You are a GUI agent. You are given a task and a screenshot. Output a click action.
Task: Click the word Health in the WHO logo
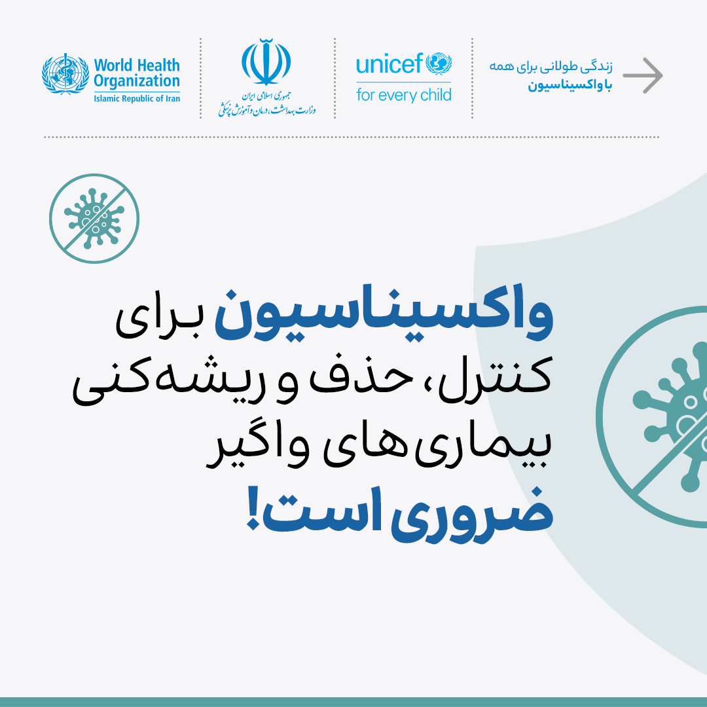click(x=158, y=65)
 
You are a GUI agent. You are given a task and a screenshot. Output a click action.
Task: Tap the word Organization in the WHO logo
click(x=137, y=82)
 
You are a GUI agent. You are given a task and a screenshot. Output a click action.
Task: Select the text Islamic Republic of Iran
click(x=137, y=99)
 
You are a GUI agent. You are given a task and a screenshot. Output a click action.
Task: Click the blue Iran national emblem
click(x=266, y=62)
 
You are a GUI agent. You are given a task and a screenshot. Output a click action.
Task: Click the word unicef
click(x=390, y=63)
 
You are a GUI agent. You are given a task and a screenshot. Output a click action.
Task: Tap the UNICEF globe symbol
click(x=439, y=63)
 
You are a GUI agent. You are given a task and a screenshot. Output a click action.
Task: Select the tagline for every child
click(x=403, y=95)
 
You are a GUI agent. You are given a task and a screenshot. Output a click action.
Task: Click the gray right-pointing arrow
click(x=643, y=75)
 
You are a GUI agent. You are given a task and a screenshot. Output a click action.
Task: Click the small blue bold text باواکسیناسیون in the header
click(x=570, y=86)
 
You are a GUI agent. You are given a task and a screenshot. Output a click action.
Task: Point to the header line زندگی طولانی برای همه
click(x=551, y=67)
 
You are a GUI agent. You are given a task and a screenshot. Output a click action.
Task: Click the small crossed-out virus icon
click(x=94, y=219)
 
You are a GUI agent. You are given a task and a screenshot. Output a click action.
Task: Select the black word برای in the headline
click(x=158, y=321)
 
